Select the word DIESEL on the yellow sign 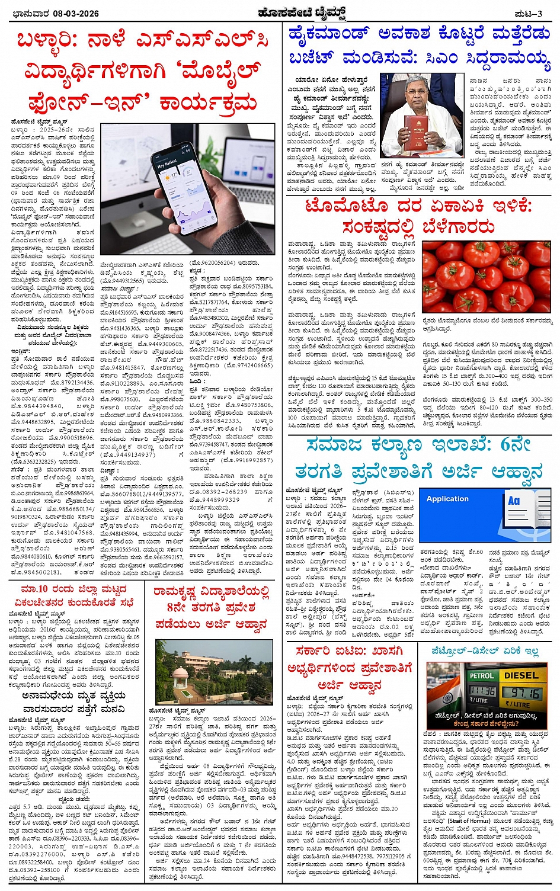pyautogui.click(x=521, y=675)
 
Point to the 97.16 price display pyautogui.click(x=524, y=693)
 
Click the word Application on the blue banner pyautogui.click(x=447, y=499)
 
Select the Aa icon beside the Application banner pyautogui.click(x=514, y=501)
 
